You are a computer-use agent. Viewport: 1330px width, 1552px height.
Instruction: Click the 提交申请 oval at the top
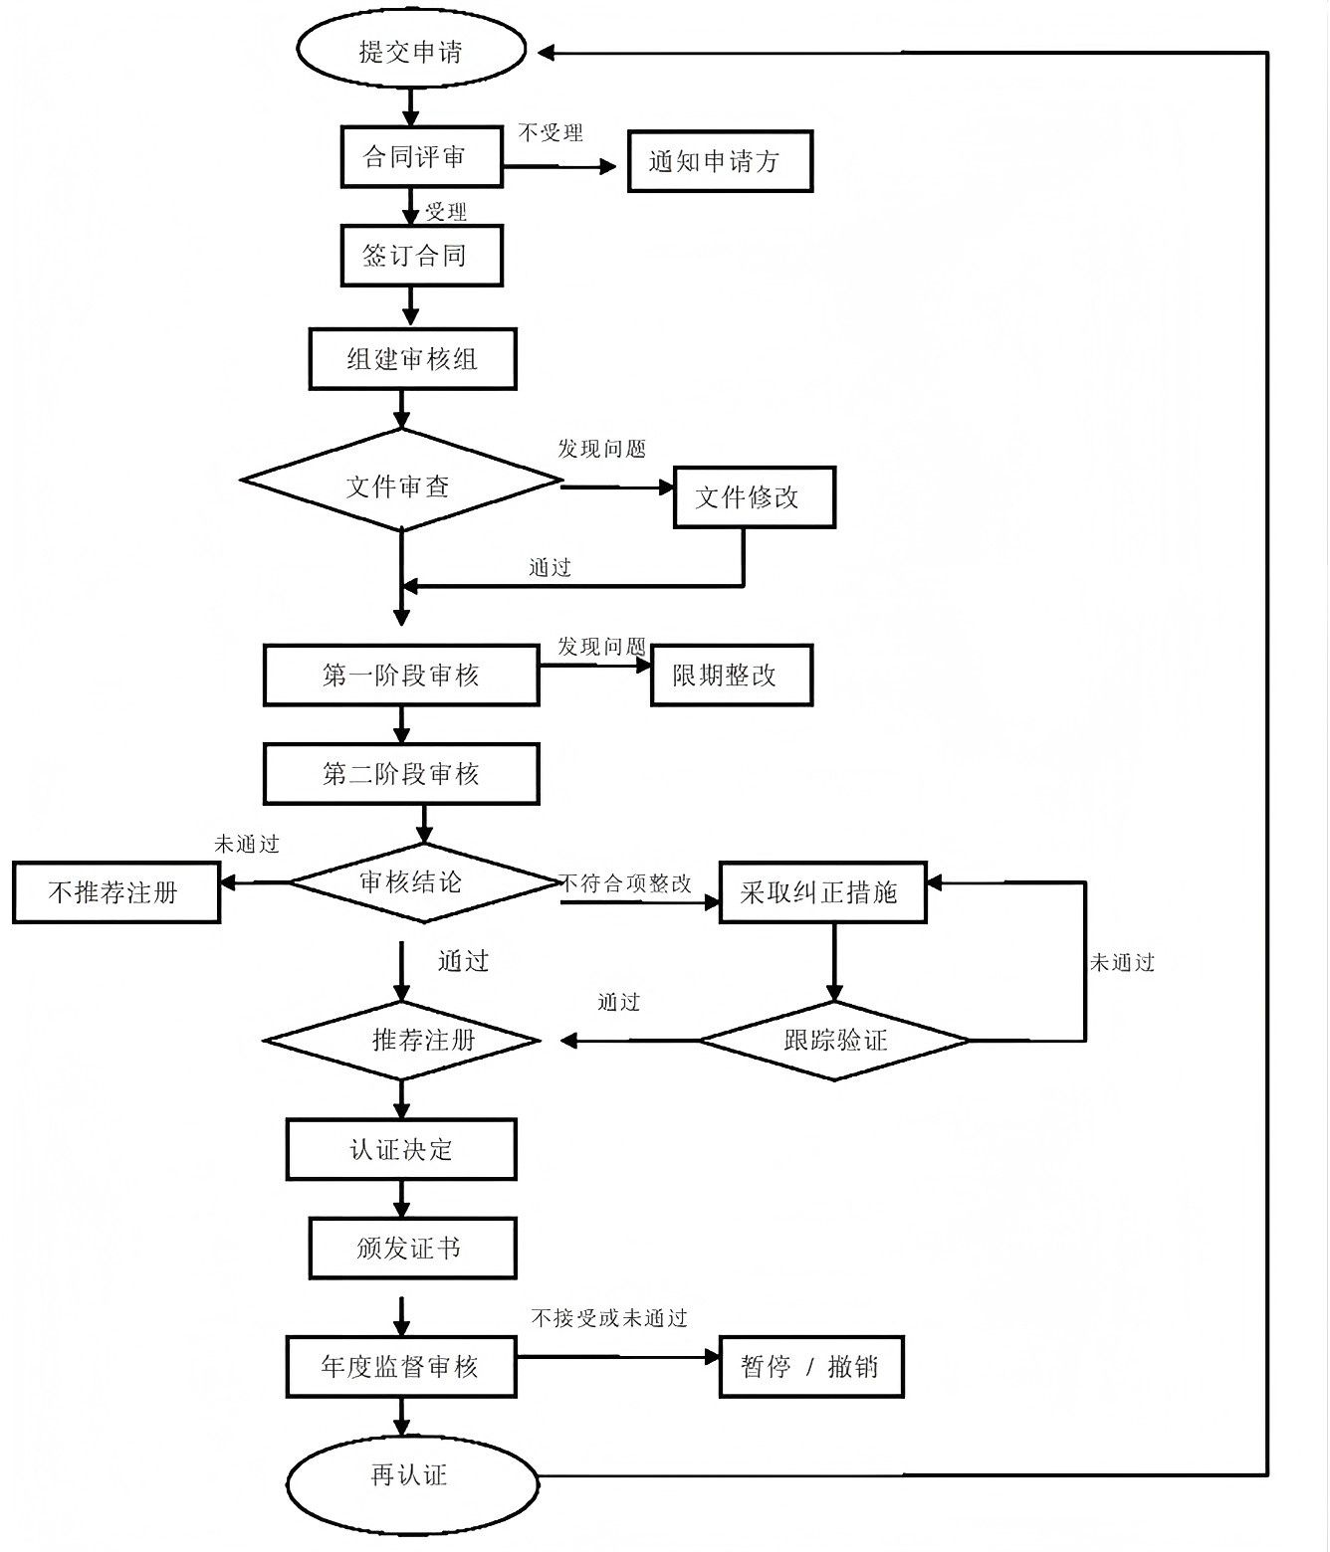tap(411, 52)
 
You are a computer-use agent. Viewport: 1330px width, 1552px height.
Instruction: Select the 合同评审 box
tap(421, 156)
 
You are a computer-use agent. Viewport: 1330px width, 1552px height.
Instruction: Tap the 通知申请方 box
tap(720, 161)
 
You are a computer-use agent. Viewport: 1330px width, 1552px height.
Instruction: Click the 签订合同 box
tap(421, 256)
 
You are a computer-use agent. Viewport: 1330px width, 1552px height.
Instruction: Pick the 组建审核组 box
tap(412, 358)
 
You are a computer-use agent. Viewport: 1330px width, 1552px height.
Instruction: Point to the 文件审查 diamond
tap(401, 483)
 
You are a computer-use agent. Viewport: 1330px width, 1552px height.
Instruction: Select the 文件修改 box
tap(754, 496)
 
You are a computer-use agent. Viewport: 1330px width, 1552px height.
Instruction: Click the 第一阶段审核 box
tap(401, 676)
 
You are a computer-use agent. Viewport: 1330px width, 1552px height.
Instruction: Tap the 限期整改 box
tap(731, 676)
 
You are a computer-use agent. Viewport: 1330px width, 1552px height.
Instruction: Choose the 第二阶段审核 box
tap(401, 774)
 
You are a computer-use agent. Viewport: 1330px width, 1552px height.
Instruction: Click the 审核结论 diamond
tap(422, 882)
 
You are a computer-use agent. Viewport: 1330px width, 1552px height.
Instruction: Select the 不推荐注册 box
tap(115, 892)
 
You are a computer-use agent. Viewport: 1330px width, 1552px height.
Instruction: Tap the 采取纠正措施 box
tap(822, 892)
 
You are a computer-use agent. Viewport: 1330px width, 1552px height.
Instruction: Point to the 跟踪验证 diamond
tap(834, 1041)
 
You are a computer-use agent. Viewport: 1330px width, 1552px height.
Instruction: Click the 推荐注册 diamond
tap(402, 1041)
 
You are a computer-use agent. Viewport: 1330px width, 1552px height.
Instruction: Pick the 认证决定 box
tap(401, 1150)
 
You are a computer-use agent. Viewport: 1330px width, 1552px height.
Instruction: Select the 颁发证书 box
tap(412, 1248)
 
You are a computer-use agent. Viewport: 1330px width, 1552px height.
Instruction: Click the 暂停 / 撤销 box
tap(810, 1367)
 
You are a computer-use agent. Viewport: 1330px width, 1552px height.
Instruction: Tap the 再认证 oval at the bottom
tap(412, 1475)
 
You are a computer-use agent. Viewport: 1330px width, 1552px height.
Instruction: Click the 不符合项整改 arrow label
tap(625, 883)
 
